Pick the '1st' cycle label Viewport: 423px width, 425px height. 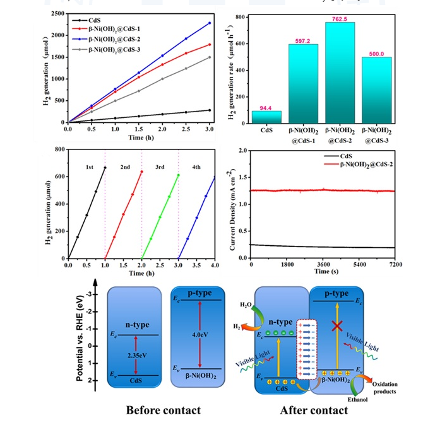90,167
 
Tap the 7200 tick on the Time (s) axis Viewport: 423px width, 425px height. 396,265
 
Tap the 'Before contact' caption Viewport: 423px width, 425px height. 163,410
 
